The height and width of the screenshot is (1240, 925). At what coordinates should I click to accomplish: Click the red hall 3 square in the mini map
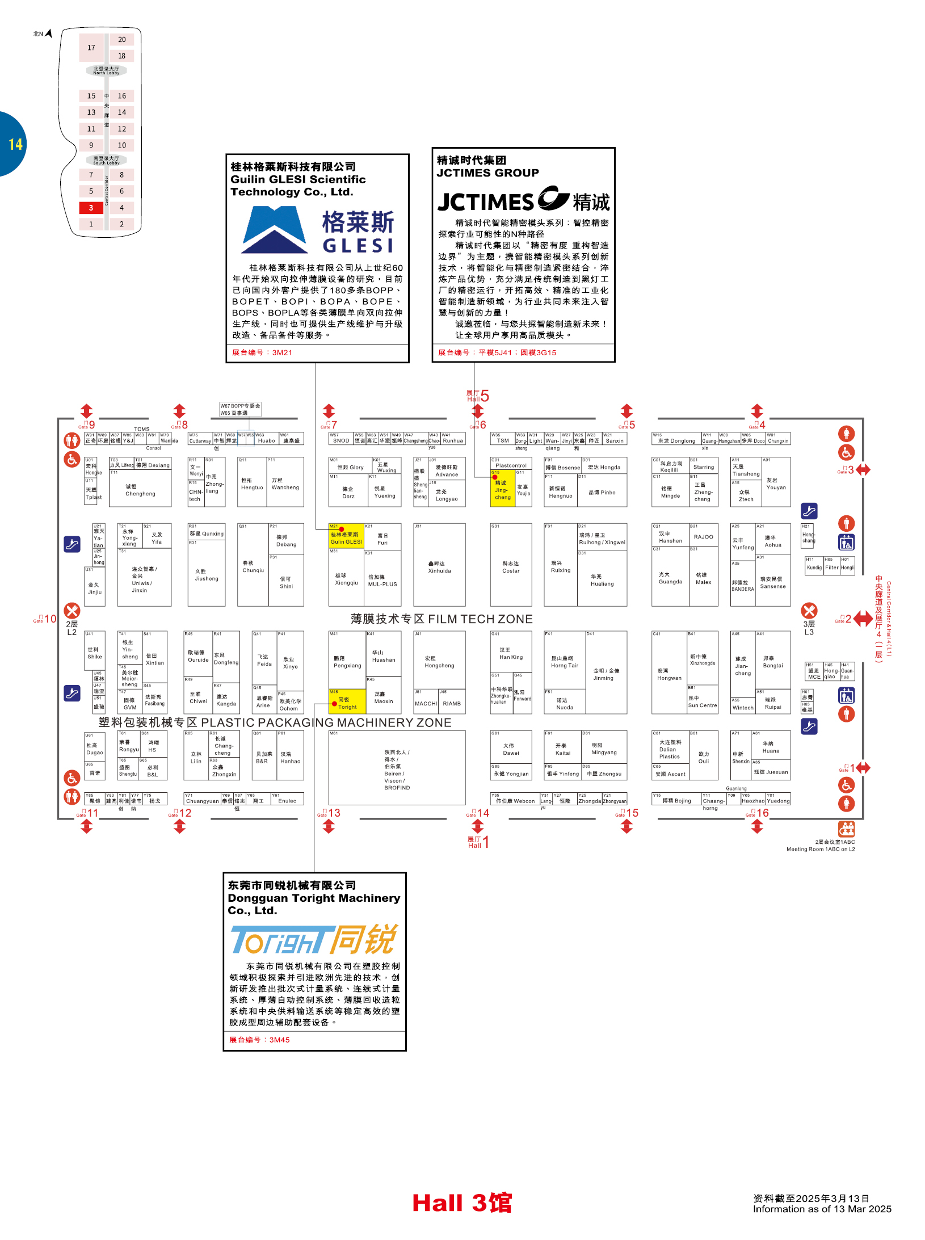pos(91,208)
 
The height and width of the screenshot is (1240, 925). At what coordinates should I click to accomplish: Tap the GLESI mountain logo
pos(275,229)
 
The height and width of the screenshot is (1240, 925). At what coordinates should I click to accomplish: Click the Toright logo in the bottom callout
pos(314,940)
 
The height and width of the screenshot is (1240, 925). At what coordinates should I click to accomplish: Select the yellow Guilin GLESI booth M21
pos(346,536)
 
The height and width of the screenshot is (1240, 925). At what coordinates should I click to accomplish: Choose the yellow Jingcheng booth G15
pos(502,489)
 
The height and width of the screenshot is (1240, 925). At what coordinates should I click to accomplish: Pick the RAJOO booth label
pos(703,537)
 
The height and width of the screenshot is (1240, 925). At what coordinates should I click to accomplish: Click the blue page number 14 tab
pos(14,144)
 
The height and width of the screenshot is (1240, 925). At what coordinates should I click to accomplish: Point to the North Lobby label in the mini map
pos(106,71)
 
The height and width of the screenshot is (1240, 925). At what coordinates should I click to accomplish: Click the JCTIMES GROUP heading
pos(487,173)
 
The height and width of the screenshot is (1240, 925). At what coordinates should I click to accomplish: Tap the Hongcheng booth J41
pos(439,662)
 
